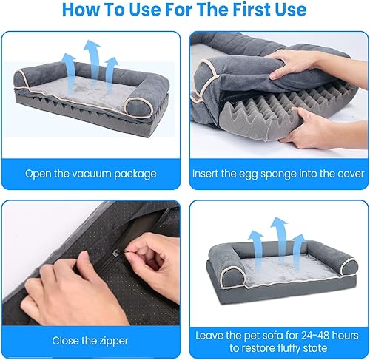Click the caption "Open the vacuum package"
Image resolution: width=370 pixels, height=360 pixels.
[90, 174]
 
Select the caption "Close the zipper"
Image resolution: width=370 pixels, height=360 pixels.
[90, 341]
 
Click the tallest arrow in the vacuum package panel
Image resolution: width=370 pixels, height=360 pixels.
[91, 61]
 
